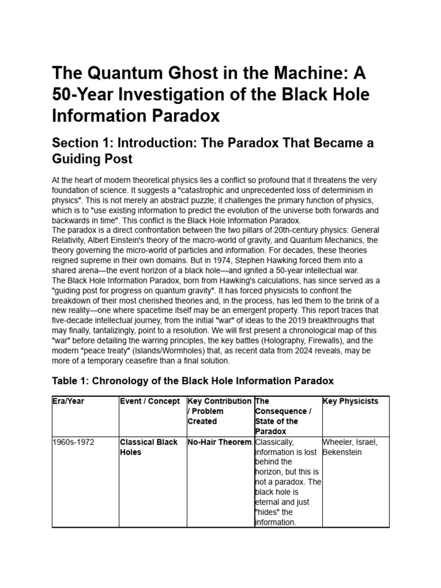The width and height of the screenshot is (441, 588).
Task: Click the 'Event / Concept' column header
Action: tap(149, 401)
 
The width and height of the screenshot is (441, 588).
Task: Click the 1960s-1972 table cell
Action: tap(73, 442)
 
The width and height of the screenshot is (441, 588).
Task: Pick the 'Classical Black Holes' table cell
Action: tap(140, 447)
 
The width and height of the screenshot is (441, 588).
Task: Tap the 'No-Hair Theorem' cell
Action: tap(220, 442)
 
